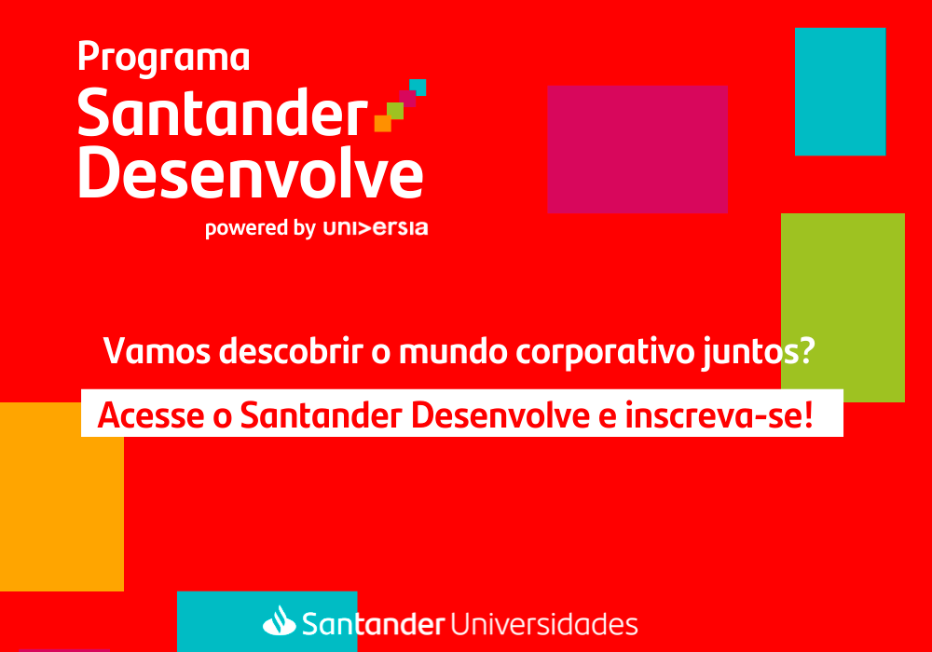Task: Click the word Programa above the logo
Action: (163, 58)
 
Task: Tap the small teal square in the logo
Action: (418, 87)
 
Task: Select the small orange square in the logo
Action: (383, 123)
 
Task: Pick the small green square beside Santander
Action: (395, 111)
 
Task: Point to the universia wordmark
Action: (376, 228)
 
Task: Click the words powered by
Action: (260, 229)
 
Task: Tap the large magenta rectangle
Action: (637, 149)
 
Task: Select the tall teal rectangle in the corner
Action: (841, 91)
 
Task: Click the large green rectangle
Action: (843, 307)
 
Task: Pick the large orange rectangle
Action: (62, 496)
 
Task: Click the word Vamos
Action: (157, 351)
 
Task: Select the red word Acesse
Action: (151, 415)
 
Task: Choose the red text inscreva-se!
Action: (719, 415)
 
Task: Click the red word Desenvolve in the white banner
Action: (500, 415)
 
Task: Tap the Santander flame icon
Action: (280, 620)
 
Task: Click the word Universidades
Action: (544, 624)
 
